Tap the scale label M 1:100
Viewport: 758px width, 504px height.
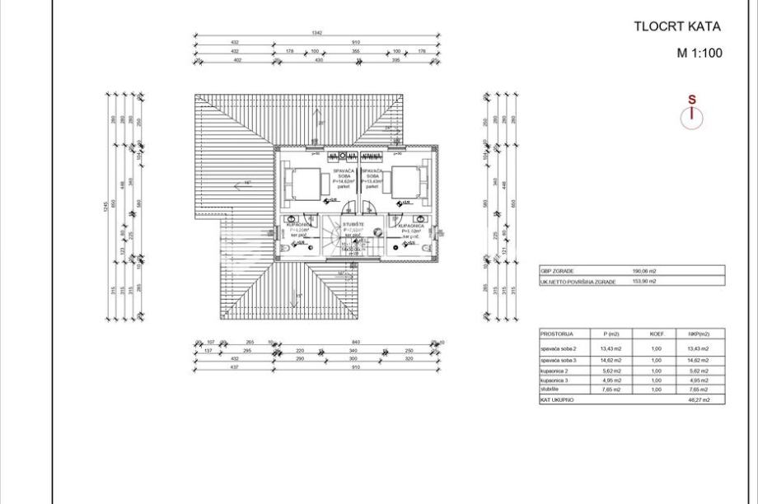pos(699,54)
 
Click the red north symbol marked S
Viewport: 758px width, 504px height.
pos(692,113)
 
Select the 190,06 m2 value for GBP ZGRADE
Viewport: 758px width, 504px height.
pos(643,270)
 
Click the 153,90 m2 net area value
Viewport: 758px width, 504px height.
pos(643,281)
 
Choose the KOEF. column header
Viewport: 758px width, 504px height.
pos(657,334)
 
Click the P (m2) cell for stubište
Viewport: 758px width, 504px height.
pos(611,390)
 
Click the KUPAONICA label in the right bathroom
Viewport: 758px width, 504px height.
pos(410,225)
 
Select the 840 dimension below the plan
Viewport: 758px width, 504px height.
pos(356,343)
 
